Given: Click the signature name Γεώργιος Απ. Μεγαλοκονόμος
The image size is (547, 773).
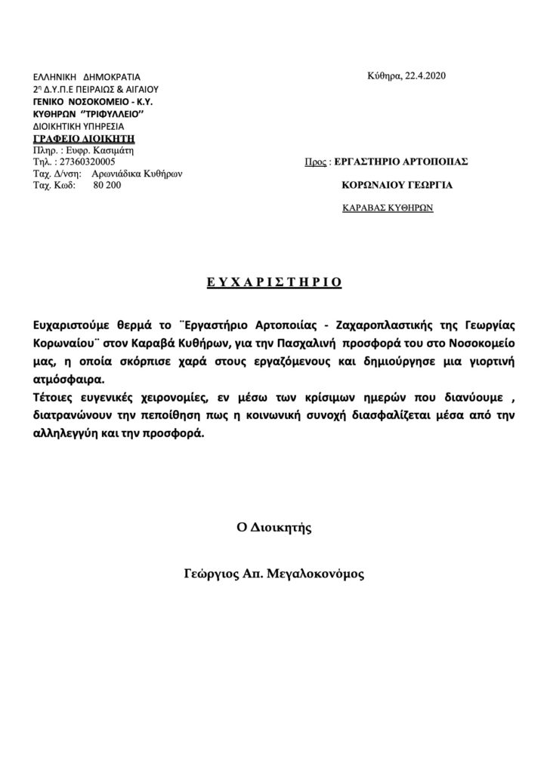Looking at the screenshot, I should (273, 574).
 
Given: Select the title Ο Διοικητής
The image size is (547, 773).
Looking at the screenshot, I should (273, 528).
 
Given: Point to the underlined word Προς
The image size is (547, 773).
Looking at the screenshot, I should (314, 162).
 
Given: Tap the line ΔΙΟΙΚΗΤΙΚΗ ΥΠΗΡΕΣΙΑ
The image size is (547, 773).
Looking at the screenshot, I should (79, 126).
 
